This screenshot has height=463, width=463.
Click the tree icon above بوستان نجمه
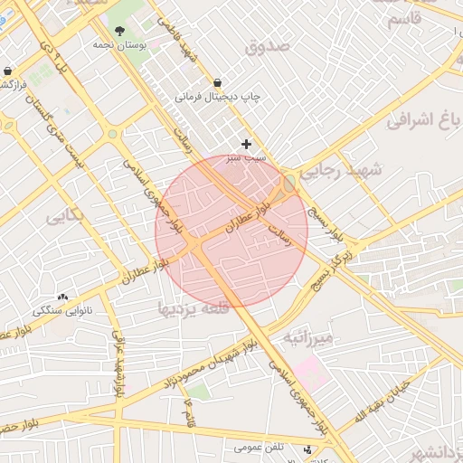(x=119, y=33)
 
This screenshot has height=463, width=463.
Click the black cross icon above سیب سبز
(x=246, y=144)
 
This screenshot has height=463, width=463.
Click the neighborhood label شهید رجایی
(x=345, y=170)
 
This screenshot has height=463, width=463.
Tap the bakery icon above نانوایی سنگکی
(x=62, y=297)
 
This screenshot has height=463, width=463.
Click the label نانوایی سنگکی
(x=63, y=310)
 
